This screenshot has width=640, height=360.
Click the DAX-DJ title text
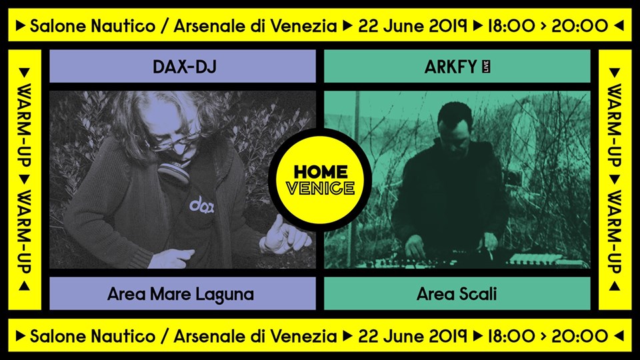click(185, 67)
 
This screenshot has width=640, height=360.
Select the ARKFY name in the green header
click(451, 67)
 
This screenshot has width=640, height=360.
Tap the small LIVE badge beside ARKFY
click(486, 67)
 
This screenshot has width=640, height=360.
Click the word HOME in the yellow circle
click(321, 172)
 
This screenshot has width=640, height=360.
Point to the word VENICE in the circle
click(321, 189)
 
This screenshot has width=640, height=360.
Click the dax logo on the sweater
click(201, 205)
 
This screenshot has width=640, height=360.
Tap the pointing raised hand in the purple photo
click(285, 236)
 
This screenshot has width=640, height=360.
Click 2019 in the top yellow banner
click(447, 26)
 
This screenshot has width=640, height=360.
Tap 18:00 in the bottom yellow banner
click(511, 336)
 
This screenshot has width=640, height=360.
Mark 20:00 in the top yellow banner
click(579, 26)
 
